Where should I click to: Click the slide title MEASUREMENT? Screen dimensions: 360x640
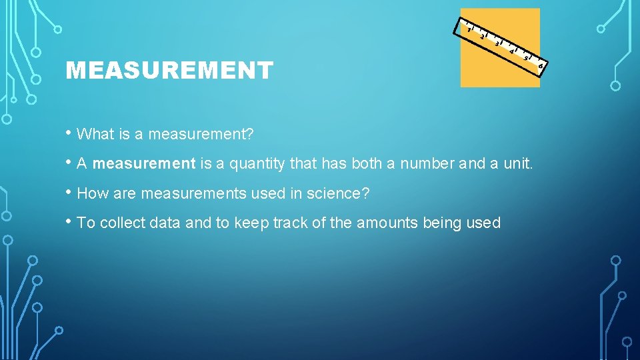point(169,70)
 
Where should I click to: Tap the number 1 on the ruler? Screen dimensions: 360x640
point(469,30)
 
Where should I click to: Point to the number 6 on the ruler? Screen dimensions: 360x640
point(541,65)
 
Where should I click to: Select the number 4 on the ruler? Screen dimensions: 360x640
point(511,51)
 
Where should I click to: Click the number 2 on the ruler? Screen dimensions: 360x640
point(482,37)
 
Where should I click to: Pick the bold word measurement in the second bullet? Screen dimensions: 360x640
point(144,164)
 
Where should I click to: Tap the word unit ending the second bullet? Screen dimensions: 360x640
point(517,164)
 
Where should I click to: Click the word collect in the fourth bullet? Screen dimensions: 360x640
point(123,223)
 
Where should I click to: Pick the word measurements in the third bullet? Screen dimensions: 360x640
point(186,194)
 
